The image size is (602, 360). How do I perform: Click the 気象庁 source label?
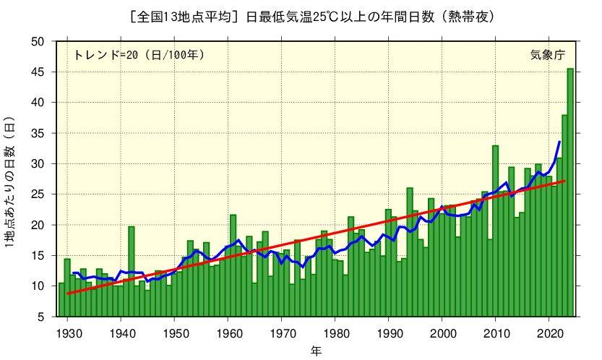[547, 55]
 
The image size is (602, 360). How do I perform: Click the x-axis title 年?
[317, 351]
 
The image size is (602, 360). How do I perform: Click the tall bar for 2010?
[495, 231]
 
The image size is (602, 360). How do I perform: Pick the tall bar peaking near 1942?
[132, 271]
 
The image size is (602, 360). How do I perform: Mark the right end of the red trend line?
[564, 181]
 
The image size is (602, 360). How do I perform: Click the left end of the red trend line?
[68, 293]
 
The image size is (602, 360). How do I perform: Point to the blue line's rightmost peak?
[559, 142]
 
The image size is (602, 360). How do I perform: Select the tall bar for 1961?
[233, 265]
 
